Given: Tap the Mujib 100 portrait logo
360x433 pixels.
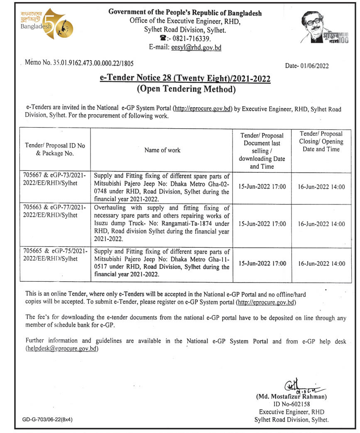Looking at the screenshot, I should pyautogui.click(x=325, y=27).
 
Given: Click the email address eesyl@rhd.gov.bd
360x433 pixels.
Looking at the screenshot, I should pyautogui.click(x=196, y=47).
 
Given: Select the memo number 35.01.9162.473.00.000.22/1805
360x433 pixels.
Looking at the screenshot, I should pyautogui.click(x=79, y=63).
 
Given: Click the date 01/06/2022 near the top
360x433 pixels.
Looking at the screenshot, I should pyautogui.click(x=308, y=66).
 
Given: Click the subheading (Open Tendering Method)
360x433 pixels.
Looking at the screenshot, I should pyautogui.click(x=186, y=89).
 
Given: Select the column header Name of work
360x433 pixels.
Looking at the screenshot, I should pyautogui.click(x=162, y=150).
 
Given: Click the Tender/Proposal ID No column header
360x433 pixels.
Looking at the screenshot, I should pyautogui.click(x=55, y=150).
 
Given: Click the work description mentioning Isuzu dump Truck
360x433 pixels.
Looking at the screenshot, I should pyautogui.click(x=162, y=223).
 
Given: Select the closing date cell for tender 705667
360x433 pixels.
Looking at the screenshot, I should pyautogui.click(x=321, y=187).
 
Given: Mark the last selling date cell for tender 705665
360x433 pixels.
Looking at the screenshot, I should pyautogui.click(x=262, y=263).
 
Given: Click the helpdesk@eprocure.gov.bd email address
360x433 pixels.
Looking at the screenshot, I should pyautogui.click(x=62, y=349).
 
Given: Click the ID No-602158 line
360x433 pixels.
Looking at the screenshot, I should pyautogui.click(x=291, y=404).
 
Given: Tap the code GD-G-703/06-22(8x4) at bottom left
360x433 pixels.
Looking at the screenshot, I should pyautogui.click(x=47, y=420).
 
